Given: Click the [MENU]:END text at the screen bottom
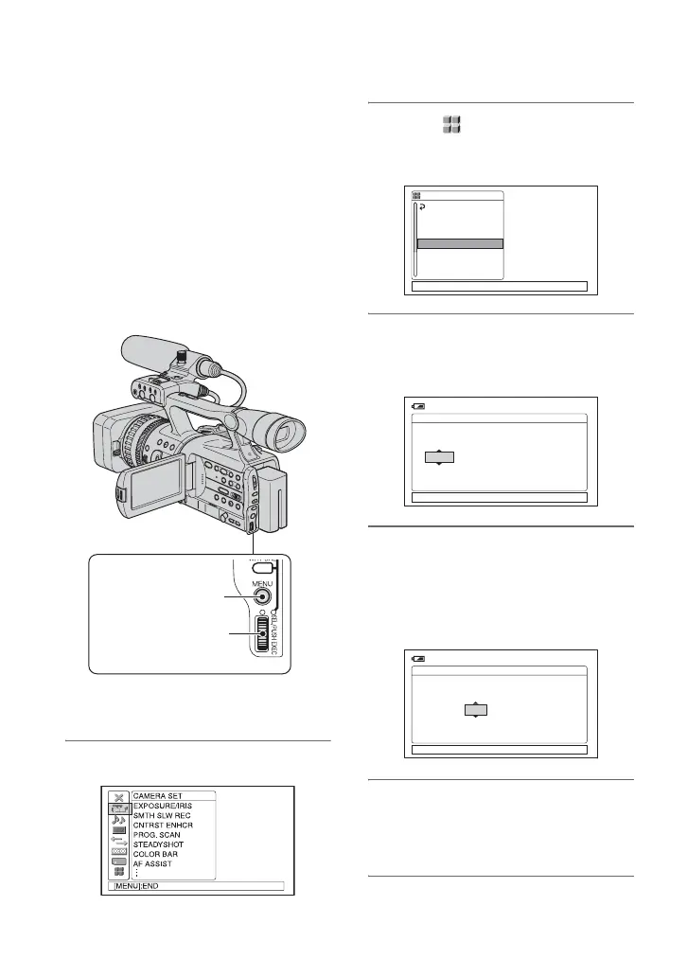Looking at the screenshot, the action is click(x=136, y=887).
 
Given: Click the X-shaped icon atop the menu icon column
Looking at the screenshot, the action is click(x=118, y=797).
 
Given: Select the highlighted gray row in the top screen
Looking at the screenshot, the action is click(x=460, y=243).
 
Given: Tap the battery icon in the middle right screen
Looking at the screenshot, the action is click(x=419, y=406).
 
